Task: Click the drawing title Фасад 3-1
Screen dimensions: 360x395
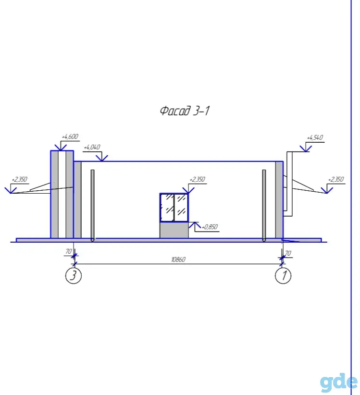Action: coord(185,111)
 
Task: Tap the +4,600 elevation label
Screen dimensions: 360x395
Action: coord(70,136)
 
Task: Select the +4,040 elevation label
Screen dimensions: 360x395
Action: coord(92,147)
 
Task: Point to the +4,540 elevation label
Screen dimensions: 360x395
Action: coord(315,138)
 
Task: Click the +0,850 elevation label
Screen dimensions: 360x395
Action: coord(210,227)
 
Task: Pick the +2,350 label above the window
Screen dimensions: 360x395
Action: coord(197,179)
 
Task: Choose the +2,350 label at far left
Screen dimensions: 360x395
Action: coord(19,179)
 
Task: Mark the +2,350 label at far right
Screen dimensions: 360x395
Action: coord(336,179)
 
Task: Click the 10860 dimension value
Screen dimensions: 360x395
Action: coord(178,259)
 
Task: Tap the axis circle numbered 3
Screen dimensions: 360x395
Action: coord(74,275)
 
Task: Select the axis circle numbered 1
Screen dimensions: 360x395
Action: coord(283,275)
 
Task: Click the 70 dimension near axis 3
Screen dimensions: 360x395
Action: coord(69,251)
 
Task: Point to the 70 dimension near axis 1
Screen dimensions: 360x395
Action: coord(288,253)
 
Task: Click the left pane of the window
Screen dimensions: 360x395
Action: coord(167,207)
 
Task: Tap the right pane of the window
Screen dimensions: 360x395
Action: coord(181,207)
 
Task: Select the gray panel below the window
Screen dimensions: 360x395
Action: coord(174,230)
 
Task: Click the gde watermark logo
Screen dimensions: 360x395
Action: coord(338,383)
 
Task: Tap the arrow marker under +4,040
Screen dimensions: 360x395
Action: coord(102,158)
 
